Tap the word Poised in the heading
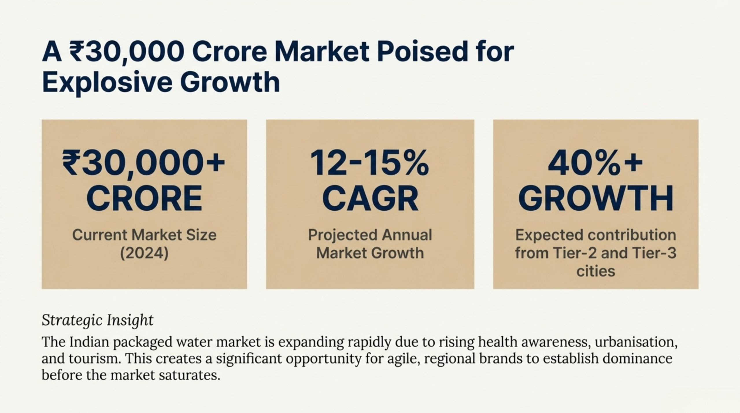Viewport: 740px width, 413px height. [422, 52]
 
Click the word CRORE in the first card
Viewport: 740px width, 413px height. [144, 199]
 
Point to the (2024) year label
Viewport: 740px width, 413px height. [144, 253]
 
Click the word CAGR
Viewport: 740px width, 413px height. [370, 199]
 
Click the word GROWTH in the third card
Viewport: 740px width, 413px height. [596, 199]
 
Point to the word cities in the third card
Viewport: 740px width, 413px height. [596, 271]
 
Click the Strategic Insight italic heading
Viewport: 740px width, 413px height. [97, 320]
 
